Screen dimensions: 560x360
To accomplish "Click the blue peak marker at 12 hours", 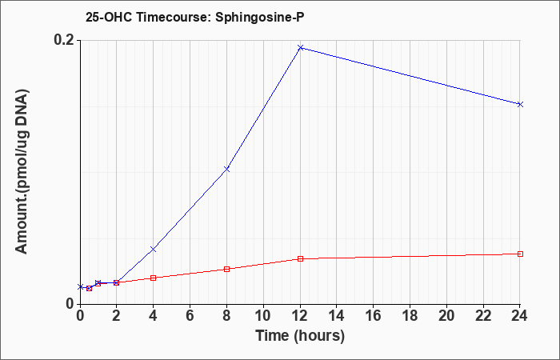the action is click(x=300, y=47).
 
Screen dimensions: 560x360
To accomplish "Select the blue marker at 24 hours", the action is click(x=520, y=104).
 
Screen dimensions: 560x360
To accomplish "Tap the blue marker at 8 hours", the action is click(x=226, y=169).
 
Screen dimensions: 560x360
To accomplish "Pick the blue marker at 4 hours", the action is click(x=154, y=249).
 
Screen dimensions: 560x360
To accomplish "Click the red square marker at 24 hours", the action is click(x=520, y=254).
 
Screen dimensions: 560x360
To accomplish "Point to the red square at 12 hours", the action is click(x=300, y=258).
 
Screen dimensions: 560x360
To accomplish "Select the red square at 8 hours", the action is click(x=226, y=269).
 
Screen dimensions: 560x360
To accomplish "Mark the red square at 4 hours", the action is click(x=154, y=278).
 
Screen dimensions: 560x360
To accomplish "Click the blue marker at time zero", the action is click(x=80, y=286).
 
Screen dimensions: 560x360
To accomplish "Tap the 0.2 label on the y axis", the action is click(x=64, y=40).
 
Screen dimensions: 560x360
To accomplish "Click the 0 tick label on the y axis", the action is click(x=69, y=304).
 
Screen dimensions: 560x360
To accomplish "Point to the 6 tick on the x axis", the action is click(x=190, y=315).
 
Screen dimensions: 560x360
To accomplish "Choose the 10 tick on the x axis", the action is click(x=263, y=315).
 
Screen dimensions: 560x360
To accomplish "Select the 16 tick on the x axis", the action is click(x=374, y=315).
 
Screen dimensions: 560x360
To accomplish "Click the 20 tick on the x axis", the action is click(x=446, y=315).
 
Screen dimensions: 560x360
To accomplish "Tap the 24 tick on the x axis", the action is click(x=520, y=315).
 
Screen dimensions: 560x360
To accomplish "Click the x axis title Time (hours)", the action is click(x=300, y=336).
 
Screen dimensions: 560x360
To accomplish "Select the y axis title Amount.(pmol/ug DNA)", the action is click(x=22, y=172).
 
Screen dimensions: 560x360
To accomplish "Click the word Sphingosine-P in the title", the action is click(x=260, y=17).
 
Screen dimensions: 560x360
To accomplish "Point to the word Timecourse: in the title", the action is click(x=174, y=17).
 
